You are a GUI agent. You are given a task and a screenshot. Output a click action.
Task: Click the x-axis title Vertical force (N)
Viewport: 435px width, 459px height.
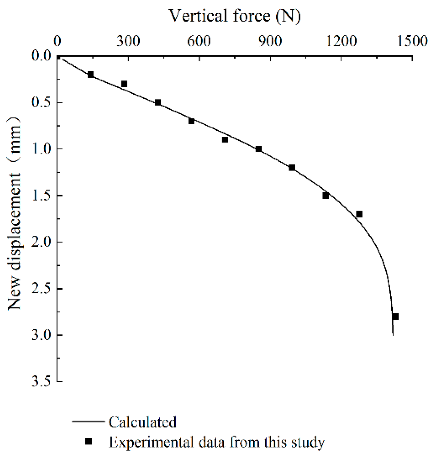[x=234, y=16]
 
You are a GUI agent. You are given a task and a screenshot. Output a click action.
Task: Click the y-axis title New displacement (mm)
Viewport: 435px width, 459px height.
[x=14, y=213]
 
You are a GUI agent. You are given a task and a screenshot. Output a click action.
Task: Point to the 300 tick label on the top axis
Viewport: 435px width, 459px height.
[x=128, y=41]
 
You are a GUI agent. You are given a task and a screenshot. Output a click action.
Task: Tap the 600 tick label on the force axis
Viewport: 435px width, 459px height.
[x=199, y=41]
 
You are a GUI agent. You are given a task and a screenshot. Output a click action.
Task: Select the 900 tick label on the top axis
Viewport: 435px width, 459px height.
[x=270, y=41]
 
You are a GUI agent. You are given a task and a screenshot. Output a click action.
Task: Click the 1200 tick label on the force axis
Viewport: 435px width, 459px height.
[x=341, y=41]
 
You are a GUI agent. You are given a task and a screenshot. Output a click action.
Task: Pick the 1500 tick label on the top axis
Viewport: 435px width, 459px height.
[x=412, y=41]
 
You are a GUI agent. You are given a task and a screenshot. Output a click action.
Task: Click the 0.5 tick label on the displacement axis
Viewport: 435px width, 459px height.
[x=41, y=102]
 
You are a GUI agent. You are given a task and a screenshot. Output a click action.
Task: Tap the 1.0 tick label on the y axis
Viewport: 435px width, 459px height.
[x=41, y=149]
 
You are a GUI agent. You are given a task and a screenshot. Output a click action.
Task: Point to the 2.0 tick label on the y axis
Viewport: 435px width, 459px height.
[x=41, y=242]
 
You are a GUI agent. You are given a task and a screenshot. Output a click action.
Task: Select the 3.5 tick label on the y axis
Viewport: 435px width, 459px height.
[x=41, y=382]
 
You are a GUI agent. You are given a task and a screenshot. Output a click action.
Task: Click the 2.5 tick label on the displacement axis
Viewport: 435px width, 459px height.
[x=41, y=289]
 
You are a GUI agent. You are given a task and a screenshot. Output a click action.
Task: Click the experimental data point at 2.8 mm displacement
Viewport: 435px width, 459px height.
[x=395, y=316]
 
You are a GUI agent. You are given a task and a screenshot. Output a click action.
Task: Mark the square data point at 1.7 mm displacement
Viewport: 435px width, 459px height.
[x=359, y=214]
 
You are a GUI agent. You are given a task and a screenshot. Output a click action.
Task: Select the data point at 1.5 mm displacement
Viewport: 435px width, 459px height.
[x=325, y=196]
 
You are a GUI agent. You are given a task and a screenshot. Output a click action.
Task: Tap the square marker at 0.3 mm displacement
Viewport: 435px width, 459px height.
[x=124, y=84]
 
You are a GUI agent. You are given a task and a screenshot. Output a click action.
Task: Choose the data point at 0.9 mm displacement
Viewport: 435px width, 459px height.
[x=225, y=140]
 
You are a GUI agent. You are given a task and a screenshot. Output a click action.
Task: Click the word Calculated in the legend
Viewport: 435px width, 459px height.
[x=143, y=422]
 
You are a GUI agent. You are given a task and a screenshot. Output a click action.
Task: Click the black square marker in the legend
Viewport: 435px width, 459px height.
[x=89, y=442]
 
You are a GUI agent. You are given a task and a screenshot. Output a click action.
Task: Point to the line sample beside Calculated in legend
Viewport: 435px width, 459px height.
[x=88, y=421]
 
